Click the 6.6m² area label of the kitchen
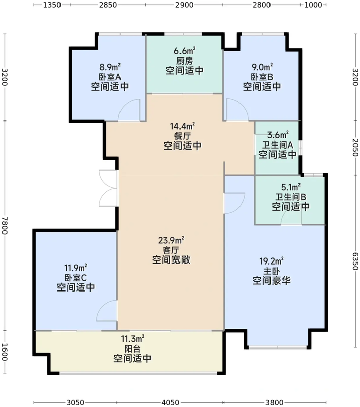pos(185,51)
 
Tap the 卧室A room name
pos(109,77)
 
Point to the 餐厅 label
pos(182,136)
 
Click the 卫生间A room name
pos(278,144)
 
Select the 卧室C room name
pos(76,277)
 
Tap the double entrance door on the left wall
pos(108,187)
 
